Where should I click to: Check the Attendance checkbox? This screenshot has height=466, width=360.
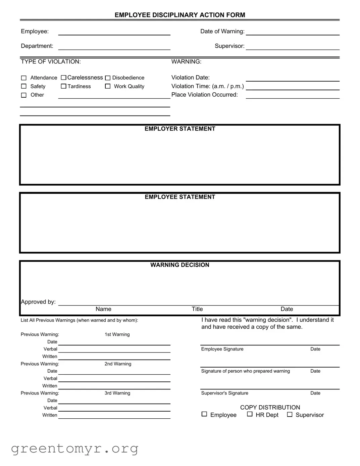[x=24, y=78]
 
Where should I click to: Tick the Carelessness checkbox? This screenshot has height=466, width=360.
[x=64, y=78]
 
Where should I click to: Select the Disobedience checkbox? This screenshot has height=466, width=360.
[x=108, y=78]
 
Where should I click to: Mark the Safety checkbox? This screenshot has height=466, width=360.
[x=24, y=86]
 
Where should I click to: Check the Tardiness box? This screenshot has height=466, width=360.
[x=64, y=86]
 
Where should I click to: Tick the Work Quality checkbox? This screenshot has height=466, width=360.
[x=108, y=86]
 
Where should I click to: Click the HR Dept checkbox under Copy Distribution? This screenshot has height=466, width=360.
[x=250, y=414]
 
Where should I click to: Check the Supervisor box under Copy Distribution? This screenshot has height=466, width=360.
[x=290, y=415]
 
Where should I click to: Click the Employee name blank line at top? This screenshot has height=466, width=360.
[x=114, y=32]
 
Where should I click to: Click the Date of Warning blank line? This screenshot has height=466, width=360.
[x=293, y=32]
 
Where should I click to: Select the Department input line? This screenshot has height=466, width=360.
[x=114, y=47]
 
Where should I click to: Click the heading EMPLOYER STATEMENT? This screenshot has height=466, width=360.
[x=180, y=129]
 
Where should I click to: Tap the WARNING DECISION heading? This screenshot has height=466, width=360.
[x=180, y=265]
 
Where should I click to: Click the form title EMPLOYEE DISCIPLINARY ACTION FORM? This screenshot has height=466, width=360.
[x=180, y=15]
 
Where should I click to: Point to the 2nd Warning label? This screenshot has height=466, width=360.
[x=118, y=364]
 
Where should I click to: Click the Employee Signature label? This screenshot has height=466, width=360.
[x=222, y=349]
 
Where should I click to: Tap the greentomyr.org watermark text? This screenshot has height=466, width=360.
[x=74, y=449]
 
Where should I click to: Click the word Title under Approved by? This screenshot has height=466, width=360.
[x=197, y=309]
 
